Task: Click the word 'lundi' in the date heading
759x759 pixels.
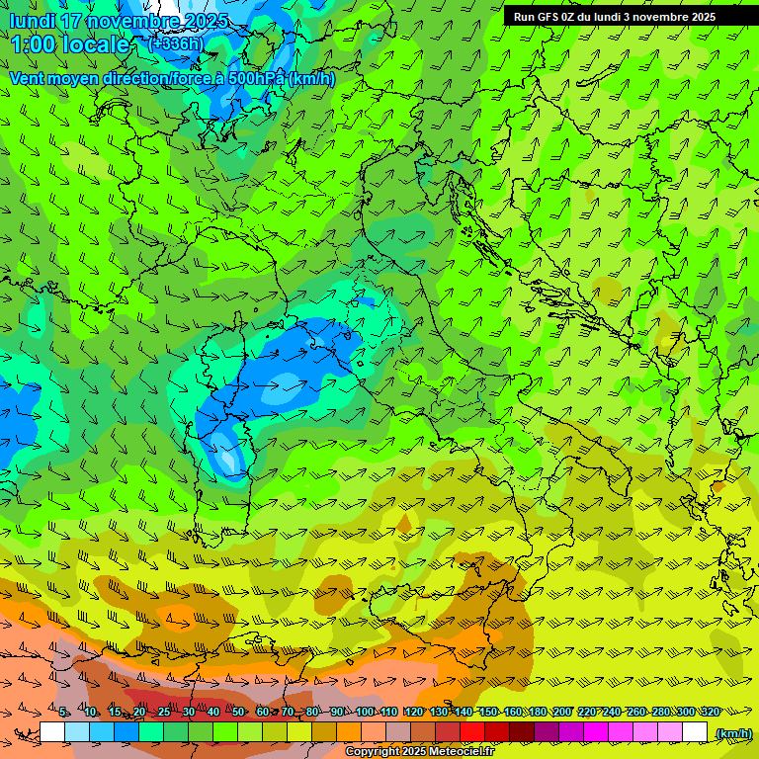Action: pyautogui.click(x=32, y=21)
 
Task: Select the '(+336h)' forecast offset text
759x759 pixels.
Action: pyautogui.click(x=175, y=43)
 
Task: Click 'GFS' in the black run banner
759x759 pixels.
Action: pyautogui.click(x=548, y=17)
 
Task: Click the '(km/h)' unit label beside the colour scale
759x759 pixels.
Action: pyautogui.click(x=733, y=733)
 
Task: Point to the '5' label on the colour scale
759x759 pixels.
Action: pyautogui.click(x=63, y=712)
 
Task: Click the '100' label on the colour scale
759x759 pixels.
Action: pyautogui.click(x=365, y=712)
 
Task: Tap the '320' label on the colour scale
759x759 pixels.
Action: pyautogui.click(x=710, y=712)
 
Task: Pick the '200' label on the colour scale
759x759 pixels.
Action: pyautogui.click(x=562, y=712)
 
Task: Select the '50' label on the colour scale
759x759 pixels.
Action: pyautogui.click(x=239, y=712)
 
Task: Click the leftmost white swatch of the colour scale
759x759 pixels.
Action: pyautogui.click(x=51, y=732)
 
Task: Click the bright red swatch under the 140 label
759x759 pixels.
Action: pyautogui.click(x=472, y=732)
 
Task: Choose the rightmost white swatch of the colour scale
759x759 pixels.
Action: pyautogui.click(x=695, y=732)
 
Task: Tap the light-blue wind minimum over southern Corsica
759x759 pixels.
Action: pyautogui.click(x=227, y=458)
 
